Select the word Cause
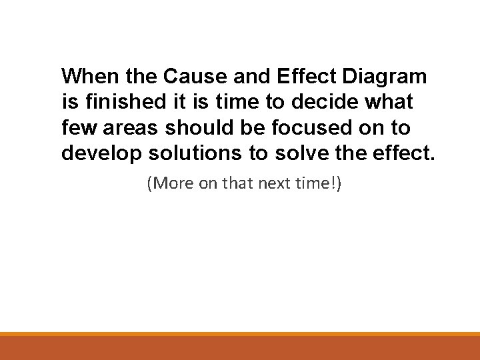click(x=189, y=76)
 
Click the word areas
click(x=127, y=129)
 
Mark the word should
click(x=195, y=128)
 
